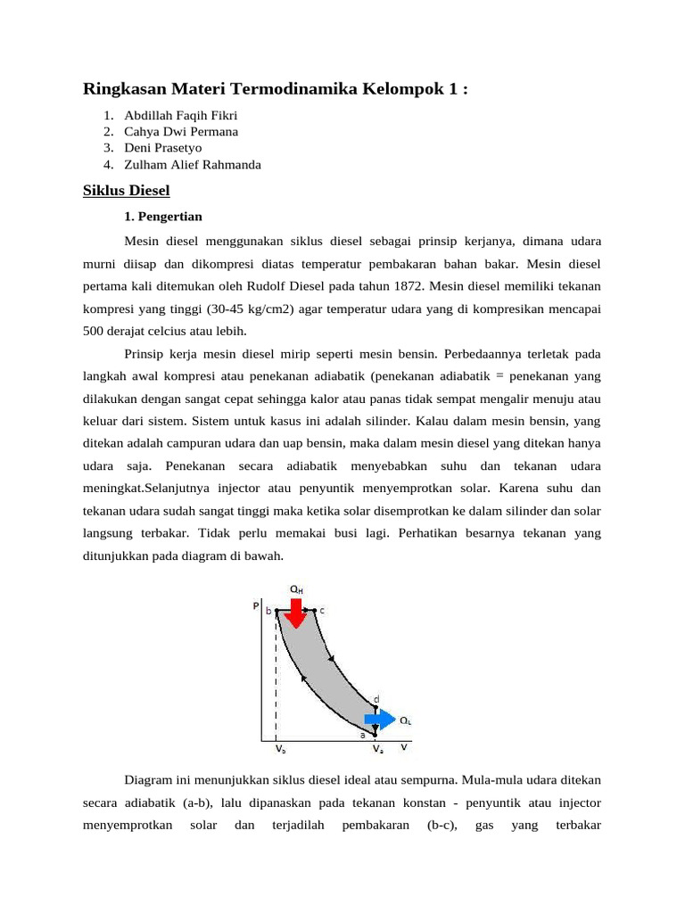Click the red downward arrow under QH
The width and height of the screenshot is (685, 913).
pos(295,611)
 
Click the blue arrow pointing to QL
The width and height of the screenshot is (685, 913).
pos(379,719)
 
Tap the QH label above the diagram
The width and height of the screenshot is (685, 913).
pos(295,588)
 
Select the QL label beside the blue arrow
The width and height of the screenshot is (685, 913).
pos(405,720)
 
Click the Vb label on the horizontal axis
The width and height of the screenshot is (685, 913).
pos(279,750)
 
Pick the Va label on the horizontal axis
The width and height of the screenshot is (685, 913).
pos(378,750)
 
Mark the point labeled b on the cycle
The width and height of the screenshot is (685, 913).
pos(276,611)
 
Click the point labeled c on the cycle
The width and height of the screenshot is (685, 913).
pos(315,611)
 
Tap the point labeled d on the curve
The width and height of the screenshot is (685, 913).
pos(376,707)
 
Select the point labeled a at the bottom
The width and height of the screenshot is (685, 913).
pos(375,736)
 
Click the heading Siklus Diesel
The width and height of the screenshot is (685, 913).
pos(126,191)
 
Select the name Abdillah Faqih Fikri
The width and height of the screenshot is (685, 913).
pos(181,115)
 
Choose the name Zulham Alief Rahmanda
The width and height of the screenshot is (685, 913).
pos(193,164)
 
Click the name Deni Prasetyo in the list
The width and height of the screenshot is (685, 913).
pos(163,148)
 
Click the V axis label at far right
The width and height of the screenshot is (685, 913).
pos(404,746)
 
